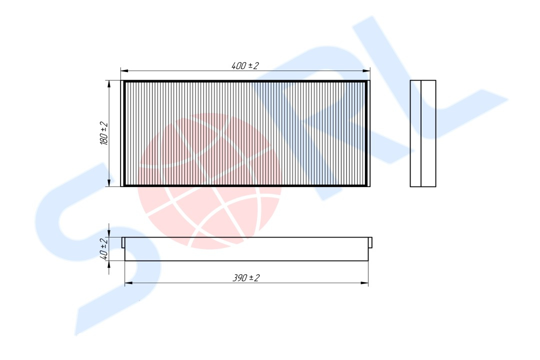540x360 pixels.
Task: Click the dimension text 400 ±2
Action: tap(245, 65)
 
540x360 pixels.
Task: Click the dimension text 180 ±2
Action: tap(104, 133)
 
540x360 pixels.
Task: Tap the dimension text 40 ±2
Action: tap(104, 248)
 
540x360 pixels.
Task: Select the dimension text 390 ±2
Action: tap(246, 277)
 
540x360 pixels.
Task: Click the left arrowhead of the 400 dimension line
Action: tap(124, 71)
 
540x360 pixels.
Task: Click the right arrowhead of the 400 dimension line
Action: tap(366, 71)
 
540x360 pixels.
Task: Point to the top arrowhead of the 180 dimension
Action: tap(109, 84)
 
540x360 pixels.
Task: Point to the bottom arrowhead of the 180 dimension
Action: tap(109, 182)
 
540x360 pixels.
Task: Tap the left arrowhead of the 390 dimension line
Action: tap(128, 283)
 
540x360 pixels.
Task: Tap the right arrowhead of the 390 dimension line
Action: tap(364, 283)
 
